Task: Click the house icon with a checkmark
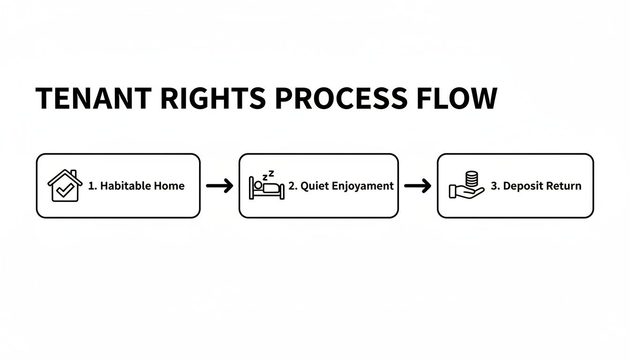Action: pos(65,186)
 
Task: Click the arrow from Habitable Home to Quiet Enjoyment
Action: pos(219,186)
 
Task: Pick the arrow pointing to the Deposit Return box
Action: pos(418,186)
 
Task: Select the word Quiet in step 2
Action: pos(314,186)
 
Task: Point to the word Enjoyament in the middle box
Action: pos(362,186)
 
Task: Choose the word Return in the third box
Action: pos(564,186)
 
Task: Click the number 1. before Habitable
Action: pos(92,186)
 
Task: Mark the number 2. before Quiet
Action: pos(293,186)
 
